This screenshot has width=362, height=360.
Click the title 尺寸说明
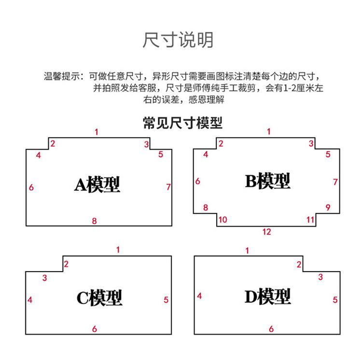click(178, 40)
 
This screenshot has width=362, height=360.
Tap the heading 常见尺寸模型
click(182, 123)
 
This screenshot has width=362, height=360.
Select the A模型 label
click(97, 184)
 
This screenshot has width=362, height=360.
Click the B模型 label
click(267, 181)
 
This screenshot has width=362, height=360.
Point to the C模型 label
click(99, 298)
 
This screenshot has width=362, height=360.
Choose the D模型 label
click(267, 296)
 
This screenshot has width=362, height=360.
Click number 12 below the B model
click(266, 232)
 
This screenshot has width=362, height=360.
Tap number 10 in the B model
click(223, 220)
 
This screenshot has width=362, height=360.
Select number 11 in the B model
click(310, 220)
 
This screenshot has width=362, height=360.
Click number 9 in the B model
click(328, 207)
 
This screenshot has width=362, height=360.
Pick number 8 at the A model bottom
click(94, 221)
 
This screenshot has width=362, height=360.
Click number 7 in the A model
click(168, 187)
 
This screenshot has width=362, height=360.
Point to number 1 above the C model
click(118, 249)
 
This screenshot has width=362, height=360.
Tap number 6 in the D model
click(271, 329)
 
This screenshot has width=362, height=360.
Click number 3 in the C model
click(44, 278)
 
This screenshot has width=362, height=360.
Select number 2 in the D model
click(299, 264)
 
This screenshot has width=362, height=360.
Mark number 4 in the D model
click(199, 296)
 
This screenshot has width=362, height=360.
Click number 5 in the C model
click(166, 300)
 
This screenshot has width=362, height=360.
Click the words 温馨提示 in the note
click(62, 76)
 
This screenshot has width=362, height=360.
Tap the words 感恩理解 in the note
click(207, 100)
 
